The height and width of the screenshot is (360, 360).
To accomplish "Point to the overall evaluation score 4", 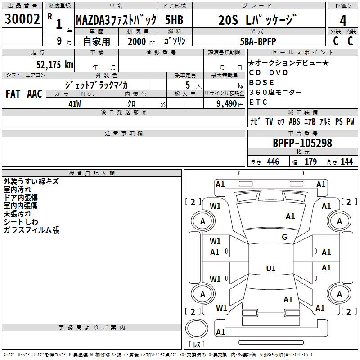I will [x=343, y=21].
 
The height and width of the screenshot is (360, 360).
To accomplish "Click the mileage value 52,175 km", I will [x=54, y=65].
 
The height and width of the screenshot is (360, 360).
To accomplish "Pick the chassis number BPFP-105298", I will [x=302, y=143].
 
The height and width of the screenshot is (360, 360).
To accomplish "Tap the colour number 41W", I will [x=75, y=103].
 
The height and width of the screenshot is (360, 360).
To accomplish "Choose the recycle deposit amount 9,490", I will [x=225, y=103].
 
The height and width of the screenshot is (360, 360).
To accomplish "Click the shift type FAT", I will [x=13, y=94].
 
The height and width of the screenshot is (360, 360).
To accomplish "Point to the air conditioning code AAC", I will [x=34, y=94].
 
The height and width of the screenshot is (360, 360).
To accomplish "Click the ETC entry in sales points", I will [x=258, y=102].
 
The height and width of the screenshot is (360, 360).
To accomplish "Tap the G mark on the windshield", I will [x=284, y=237].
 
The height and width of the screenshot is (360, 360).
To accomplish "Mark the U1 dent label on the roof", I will [x=270, y=269].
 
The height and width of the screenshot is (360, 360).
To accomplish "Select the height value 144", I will [x=346, y=162].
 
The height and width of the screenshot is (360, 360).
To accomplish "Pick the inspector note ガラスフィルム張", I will [x=31, y=230].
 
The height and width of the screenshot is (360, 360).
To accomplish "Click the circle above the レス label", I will [x=197, y=328].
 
